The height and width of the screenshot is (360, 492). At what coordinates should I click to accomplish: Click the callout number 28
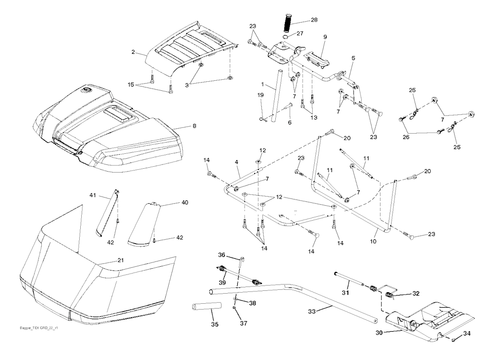click(314, 21)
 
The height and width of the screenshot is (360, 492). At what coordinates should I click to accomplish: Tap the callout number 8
click(194, 127)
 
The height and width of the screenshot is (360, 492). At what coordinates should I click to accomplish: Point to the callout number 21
click(121, 260)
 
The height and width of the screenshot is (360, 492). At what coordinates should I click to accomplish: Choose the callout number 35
click(214, 324)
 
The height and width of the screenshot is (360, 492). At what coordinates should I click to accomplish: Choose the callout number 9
click(325, 37)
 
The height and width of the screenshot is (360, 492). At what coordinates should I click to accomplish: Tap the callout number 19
click(260, 95)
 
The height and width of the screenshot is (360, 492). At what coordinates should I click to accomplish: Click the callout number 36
click(221, 255)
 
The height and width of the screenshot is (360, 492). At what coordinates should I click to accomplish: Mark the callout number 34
click(466, 334)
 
